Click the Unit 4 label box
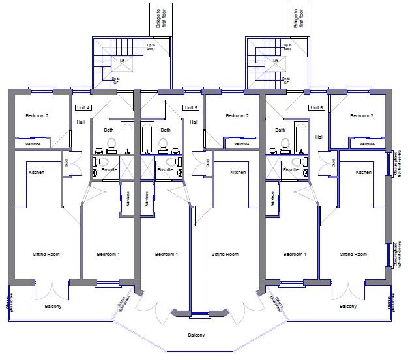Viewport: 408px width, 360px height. tap(83, 107)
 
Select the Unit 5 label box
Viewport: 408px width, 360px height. tap(190, 107)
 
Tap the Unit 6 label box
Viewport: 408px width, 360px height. tap(316, 107)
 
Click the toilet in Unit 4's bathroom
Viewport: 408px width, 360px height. tap(109, 143)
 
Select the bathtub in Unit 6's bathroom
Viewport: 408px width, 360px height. tap(301, 137)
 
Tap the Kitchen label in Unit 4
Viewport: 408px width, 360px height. tap(36, 172)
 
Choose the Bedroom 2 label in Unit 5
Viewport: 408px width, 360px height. tap(237, 116)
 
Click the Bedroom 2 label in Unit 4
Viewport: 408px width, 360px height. tap(37, 116)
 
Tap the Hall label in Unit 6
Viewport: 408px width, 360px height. tap(319, 137)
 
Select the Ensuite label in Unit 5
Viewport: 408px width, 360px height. tap(165, 169)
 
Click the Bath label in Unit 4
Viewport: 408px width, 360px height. tap(109, 130)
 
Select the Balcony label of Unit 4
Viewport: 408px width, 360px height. tap(53, 306)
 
